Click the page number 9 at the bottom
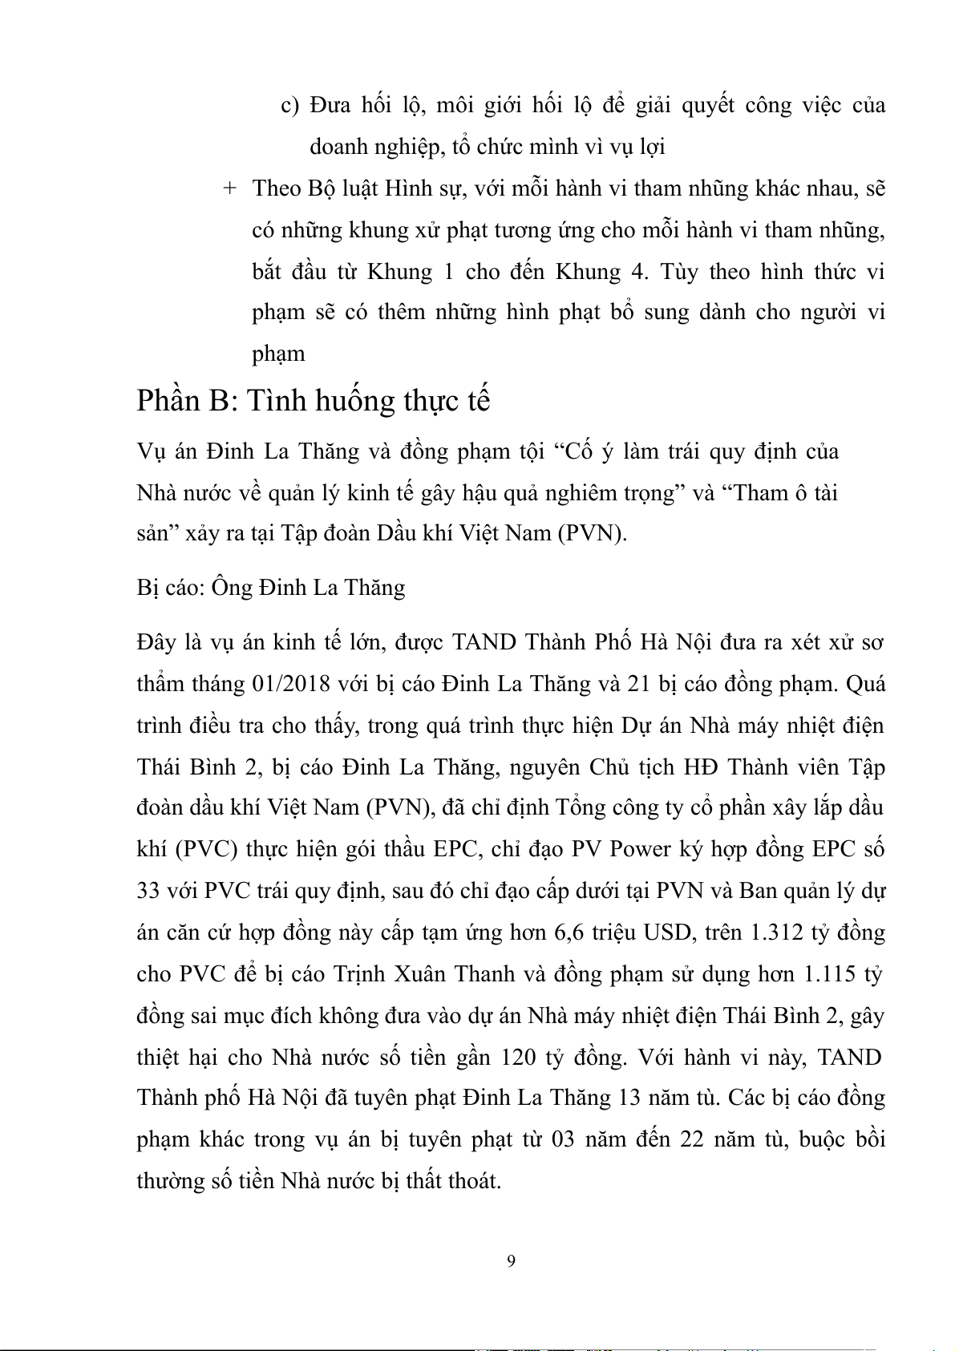pyautogui.click(x=512, y=1261)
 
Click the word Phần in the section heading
pyautogui.click(x=168, y=400)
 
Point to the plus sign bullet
pyautogui.click(x=230, y=188)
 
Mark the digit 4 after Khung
pyautogui.click(x=639, y=271)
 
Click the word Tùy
pyautogui.click(x=681, y=271)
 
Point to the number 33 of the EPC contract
pyautogui.click(x=151, y=891)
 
